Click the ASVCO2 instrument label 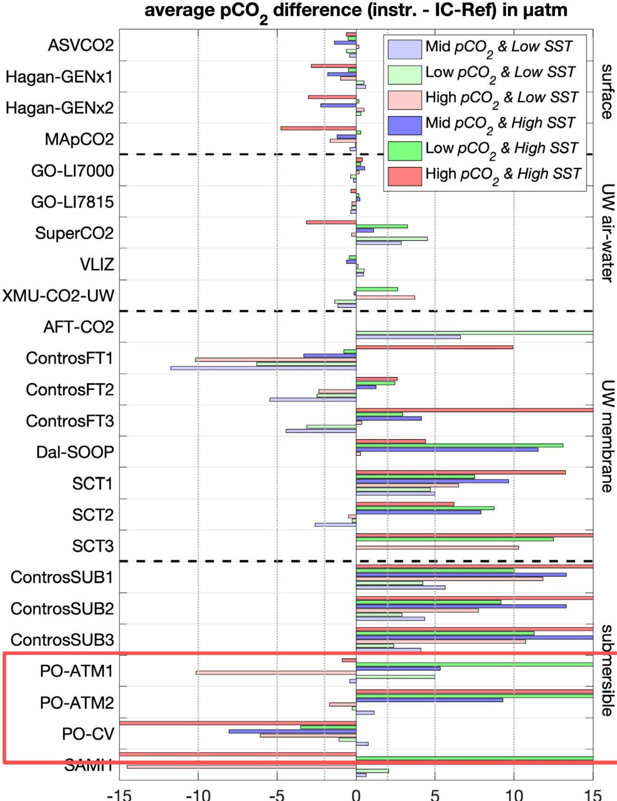[81, 45]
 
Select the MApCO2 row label [79, 139]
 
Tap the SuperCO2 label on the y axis [75, 233]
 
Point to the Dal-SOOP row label [75, 452]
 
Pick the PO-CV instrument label [88, 734]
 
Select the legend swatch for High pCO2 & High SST [404, 176]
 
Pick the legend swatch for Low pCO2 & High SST [404, 151]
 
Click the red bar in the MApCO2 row [318, 128]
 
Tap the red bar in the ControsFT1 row [434, 347]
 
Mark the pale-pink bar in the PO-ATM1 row [276, 673]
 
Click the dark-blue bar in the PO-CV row [292, 731]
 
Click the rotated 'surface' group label [607, 91]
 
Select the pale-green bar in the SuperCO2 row [392, 239]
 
